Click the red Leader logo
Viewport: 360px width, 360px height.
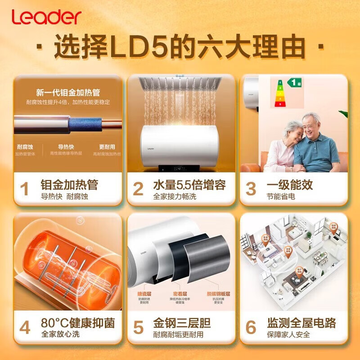pos(46,17)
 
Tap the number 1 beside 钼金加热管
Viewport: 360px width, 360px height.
pos(25,189)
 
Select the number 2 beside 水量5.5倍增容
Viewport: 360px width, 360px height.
pos(138,189)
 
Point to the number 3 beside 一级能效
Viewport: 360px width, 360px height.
pos(251,189)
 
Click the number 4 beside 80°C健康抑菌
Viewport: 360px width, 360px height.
pos(25,327)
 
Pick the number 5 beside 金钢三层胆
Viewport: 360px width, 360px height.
pos(138,327)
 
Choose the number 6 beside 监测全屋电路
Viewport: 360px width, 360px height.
pos(251,327)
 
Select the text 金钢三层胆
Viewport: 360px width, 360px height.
pos(182,323)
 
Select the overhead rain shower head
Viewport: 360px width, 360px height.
pos(180,83)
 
